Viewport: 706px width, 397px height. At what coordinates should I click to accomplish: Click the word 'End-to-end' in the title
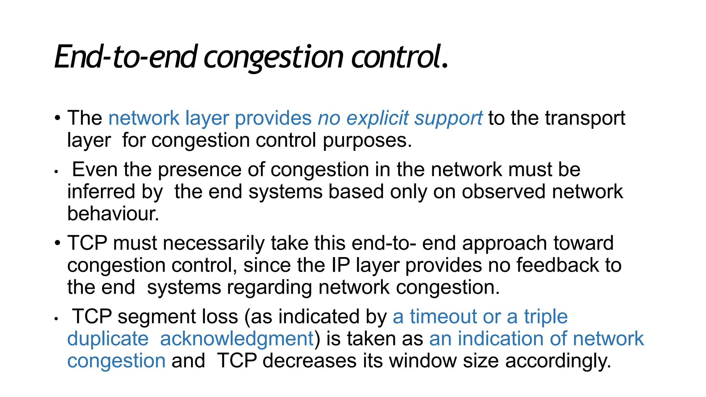(126, 57)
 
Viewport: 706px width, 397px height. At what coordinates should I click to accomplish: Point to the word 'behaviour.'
(113, 214)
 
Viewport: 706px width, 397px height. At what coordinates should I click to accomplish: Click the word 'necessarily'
(213, 243)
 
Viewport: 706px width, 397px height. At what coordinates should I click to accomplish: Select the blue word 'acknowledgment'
(237, 339)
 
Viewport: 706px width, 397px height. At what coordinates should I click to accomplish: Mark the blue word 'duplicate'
(108, 339)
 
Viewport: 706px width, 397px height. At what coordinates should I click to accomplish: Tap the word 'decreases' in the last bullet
(309, 361)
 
